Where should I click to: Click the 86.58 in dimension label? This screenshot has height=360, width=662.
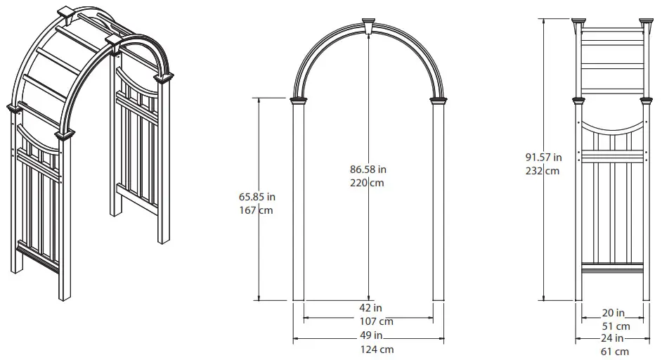tap(368, 169)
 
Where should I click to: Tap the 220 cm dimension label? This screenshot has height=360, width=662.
tap(368, 183)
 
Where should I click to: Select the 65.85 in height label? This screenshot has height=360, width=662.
tap(257, 197)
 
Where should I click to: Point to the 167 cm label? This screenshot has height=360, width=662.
tap(257, 210)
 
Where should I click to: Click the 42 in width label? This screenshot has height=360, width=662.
tap(368, 308)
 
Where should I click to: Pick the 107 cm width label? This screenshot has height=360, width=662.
tap(368, 321)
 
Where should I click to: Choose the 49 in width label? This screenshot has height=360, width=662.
tap(368, 335)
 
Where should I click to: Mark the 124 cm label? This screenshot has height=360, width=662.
tap(368, 349)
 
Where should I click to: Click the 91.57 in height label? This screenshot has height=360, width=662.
tap(543, 157)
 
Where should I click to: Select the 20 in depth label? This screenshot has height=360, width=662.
tap(614, 313)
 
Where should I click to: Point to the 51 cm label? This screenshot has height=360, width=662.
tap(614, 326)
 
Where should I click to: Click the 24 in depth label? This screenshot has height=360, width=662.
tap(614, 338)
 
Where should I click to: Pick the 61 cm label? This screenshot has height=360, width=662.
tap(614, 352)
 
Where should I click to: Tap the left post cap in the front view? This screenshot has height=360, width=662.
tap(301, 102)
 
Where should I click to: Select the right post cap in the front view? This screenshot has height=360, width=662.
tap(438, 102)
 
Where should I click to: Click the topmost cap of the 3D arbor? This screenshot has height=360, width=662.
tap(65, 13)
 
